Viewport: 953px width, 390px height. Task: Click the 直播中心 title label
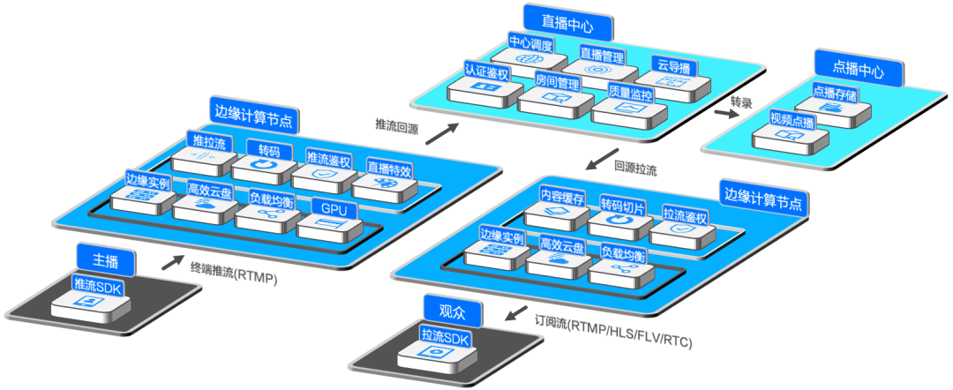[559, 19]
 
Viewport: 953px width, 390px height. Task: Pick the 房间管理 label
[557, 83]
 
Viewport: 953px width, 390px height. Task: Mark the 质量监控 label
[630, 94]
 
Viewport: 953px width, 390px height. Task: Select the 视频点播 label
[792, 119]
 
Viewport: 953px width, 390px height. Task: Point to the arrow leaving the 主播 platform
[174, 261]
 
